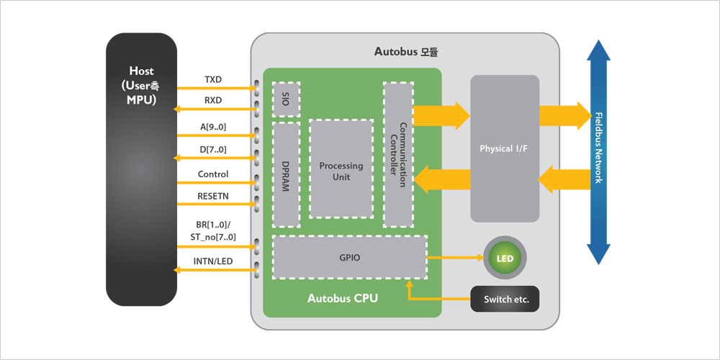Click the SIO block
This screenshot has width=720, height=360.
pyautogui.click(x=286, y=99)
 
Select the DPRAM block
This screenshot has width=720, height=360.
pyautogui.click(x=286, y=174)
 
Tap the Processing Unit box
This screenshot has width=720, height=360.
pyautogui.click(x=341, y=168)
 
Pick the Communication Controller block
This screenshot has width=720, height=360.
pyautogui.click(x=398, y=154)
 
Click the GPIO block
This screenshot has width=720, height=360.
pyautogui.click(x=350, y=257)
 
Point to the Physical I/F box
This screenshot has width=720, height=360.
pyautogui.click(x=505, y=149)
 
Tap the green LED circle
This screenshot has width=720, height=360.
pyautogui.click(x=504, y=258)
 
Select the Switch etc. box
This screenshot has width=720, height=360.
pyautogui.click(x=505, y=300)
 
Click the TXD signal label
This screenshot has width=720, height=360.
pyautogui.click(x=213, y=79)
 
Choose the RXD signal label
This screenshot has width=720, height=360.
pyautogui.click(x=213, y=101)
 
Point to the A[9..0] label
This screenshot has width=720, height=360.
pyautogui.click(x=213, y=127)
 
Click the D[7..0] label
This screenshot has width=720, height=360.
pyautogui.click(x=213, y=150)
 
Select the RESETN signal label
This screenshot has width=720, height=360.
pyautogui.click(x=213, y=196)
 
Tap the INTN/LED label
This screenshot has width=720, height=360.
pyautogui.click(x=213, y=261)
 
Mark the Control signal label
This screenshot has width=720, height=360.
pyautogui.click(x=213, y=174)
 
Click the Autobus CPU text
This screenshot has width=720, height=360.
pyautogui.click(x=343, y=299)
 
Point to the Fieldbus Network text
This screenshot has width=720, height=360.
pyautogui.click(x=598, y=148)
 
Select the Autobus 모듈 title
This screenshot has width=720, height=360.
pyautogui.click(x=406, y=51)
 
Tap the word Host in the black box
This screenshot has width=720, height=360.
pyautogui.click(x=141, y=71)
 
